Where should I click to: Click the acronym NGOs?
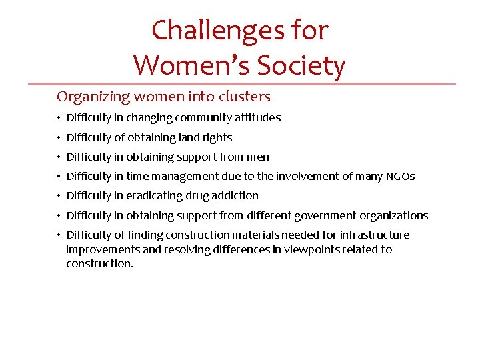point(400,177)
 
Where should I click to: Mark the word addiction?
point(237,196)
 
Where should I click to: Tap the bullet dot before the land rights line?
point(59,138)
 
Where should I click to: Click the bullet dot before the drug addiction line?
point(59,196)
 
